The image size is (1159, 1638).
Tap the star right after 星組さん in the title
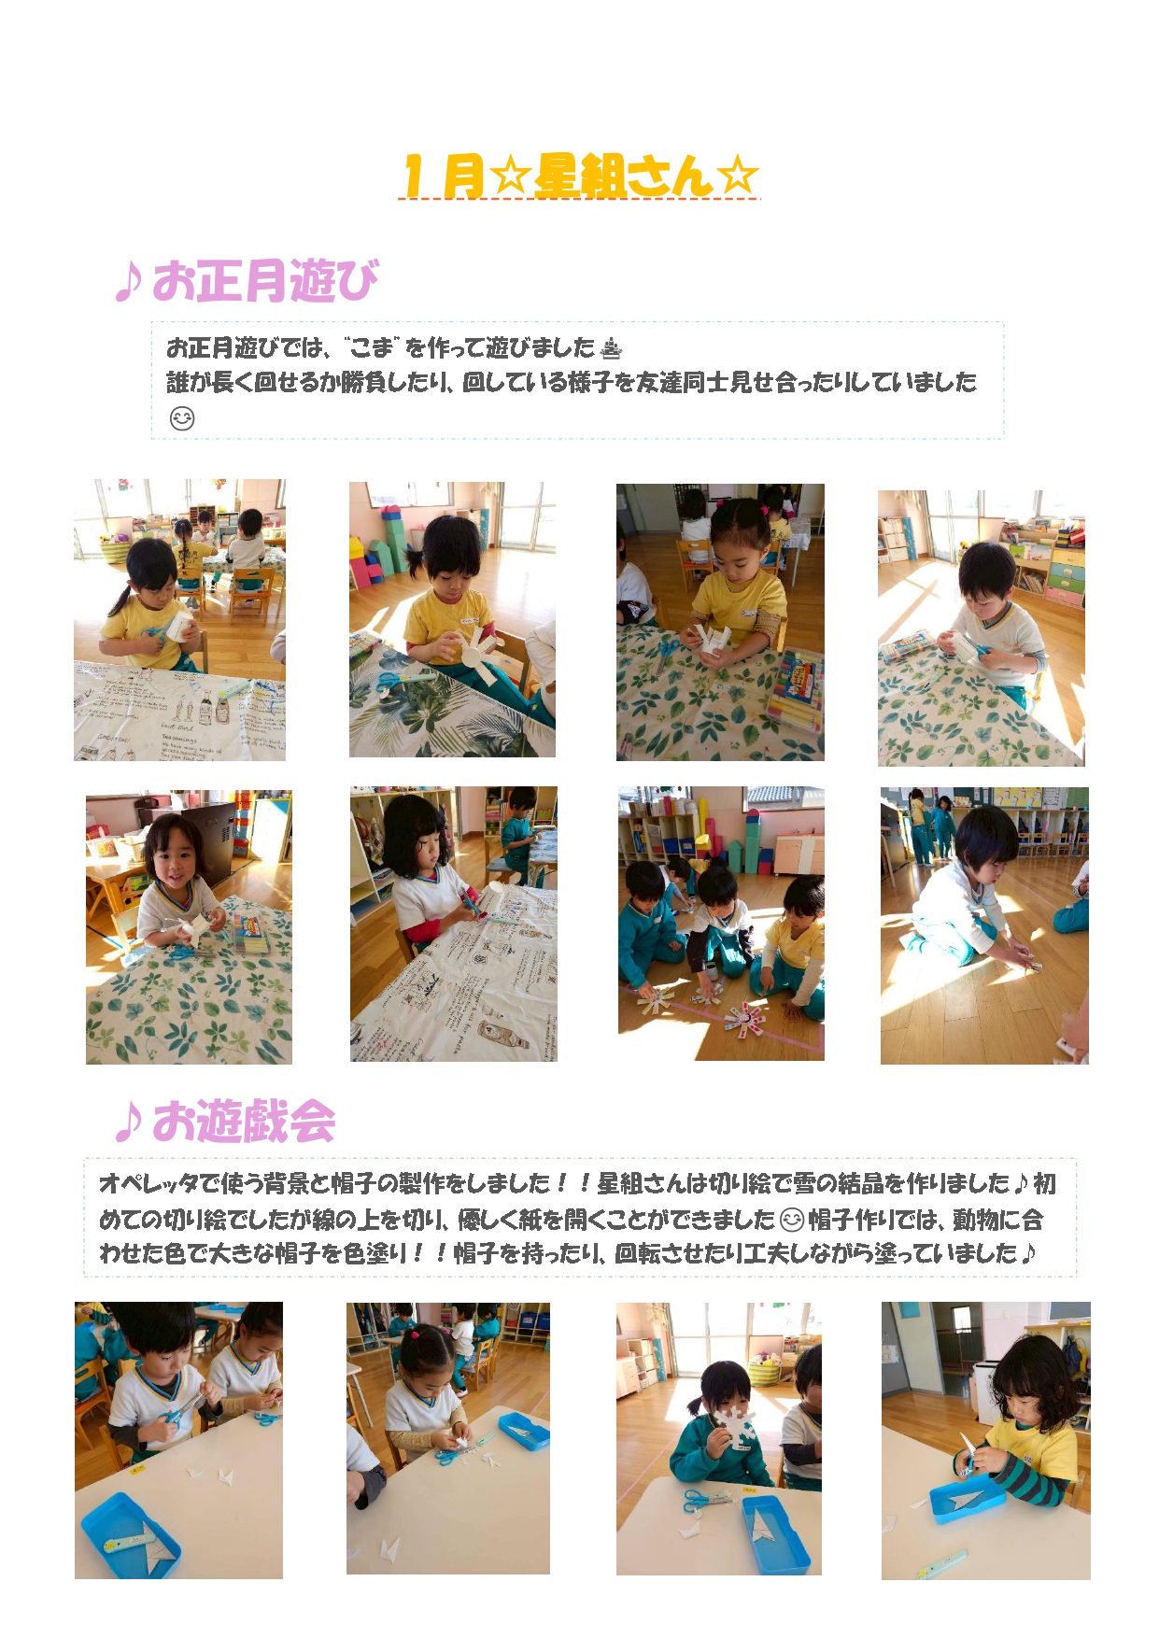click(738, 176)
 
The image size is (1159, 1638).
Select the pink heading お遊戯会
click(244, 1121)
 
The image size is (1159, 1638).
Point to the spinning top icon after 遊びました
click(611, 348)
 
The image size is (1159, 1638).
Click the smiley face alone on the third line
click(182, 418)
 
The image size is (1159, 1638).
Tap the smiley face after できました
click(791, 1220)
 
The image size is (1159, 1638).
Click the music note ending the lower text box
click(1028, 1253)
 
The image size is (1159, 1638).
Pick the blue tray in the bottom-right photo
click(968, 1498)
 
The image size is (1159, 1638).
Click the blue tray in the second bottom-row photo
click(524, 1431)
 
